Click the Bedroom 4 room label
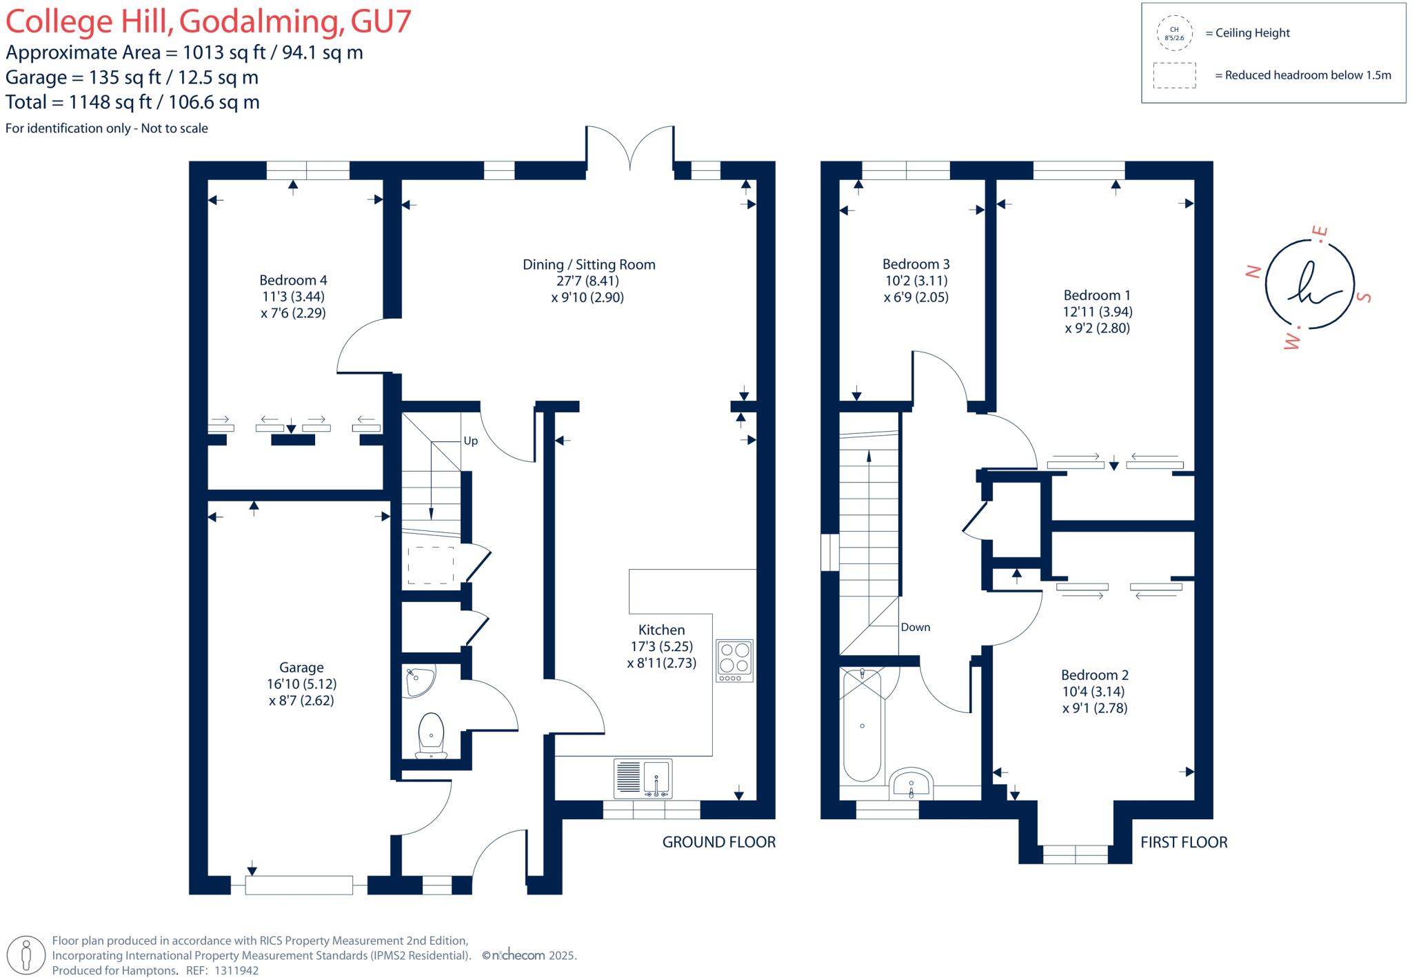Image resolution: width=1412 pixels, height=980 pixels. tap(293, 280)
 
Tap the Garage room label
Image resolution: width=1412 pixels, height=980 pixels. tap(301, 667)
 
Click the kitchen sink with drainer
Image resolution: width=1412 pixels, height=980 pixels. tap(643, 778)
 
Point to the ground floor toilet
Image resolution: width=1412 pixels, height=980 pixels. tap(432, 735)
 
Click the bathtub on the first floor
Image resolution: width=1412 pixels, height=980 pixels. tap(862, 726)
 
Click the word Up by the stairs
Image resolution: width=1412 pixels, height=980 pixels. tap(470, 441)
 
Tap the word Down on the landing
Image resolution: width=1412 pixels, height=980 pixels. tap(916, 627)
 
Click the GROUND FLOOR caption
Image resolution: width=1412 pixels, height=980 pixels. tap(718, 842)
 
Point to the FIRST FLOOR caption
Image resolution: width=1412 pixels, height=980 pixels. tap(1183, 842)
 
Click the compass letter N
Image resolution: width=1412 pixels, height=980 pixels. tap(1254, 272)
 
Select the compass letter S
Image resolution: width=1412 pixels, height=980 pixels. tap(1364, 297)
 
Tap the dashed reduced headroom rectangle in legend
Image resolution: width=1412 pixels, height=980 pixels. tap(1174, 75)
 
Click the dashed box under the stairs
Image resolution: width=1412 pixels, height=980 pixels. tap(431, 566)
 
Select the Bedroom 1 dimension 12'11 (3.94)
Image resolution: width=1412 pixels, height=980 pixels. tap(1098, 312)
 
